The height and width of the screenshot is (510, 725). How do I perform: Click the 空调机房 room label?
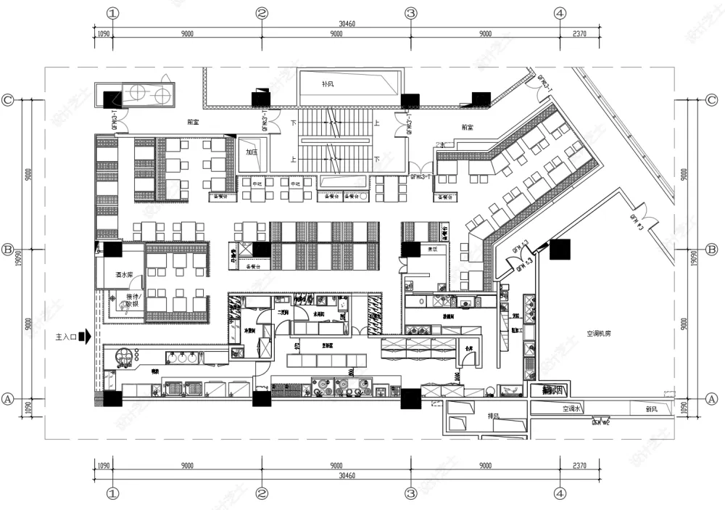click(600, 334)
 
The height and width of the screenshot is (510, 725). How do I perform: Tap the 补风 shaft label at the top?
click(328, 83)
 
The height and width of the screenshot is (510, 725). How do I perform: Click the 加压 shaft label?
click(252, 152)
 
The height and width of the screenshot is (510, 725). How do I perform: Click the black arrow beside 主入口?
click(86, 337)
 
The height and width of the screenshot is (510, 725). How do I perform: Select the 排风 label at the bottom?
click(492, 416)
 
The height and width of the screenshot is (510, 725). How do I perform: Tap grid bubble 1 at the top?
click(112, 13)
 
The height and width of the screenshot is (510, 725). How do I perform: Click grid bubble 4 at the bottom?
click(559, 493)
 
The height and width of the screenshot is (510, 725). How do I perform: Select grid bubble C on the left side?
click(8, 101)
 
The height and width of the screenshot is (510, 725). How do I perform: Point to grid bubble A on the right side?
click(712, 399)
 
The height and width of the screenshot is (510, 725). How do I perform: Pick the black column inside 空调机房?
click(560, 250)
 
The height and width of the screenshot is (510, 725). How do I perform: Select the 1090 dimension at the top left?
click(103, 33)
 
